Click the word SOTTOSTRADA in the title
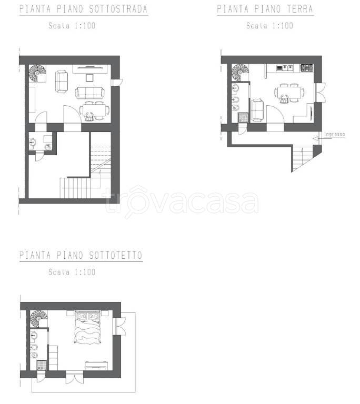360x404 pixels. (x=118, y=9)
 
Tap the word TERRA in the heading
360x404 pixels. (x=300, y=9)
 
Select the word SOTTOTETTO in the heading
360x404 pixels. (x=116, y=255)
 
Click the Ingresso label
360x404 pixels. (x=334, y=134)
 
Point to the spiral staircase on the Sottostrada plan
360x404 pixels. (x=37, y=74)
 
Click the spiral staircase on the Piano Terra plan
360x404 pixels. (x=240, y=73)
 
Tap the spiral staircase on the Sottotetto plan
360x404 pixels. (x=38, y=319)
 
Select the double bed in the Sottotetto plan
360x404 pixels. (x=87, y=327)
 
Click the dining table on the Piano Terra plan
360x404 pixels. (x=289, y=93)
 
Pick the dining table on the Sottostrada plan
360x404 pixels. (x=94, y=111)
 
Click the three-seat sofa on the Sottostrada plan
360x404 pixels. (x=90, y=93)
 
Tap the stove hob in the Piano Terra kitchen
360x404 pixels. (x=307, y=68)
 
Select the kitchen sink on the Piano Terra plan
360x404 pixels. (x=285, y=68)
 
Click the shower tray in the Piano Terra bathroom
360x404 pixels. (x=244, y=117)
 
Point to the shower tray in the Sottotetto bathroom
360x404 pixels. (x=42, y=365)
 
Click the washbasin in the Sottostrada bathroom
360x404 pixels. (x=32, y=142)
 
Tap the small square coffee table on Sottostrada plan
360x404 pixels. (x=89, y=77)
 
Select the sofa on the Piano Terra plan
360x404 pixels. (x=257, y=110)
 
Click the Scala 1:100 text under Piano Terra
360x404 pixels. (x=269, y=26)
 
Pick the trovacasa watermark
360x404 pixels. (x=181, y=202)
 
